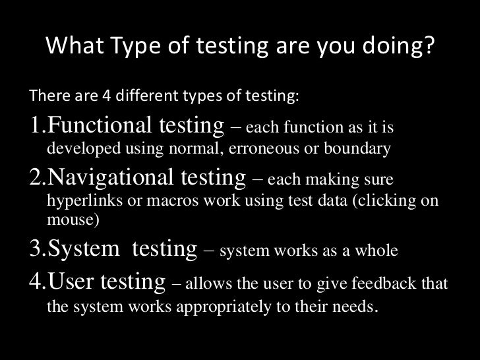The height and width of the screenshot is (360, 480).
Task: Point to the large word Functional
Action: click(100, 124)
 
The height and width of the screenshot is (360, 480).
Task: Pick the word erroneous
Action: click(265, 148)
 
